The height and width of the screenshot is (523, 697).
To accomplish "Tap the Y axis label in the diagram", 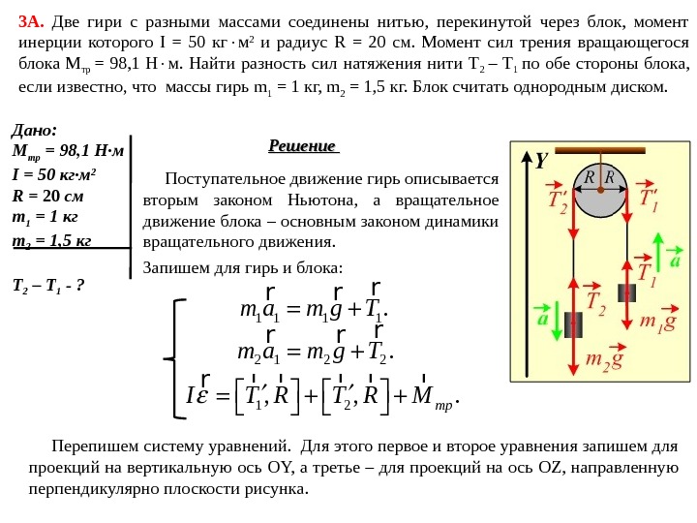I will point(541,161).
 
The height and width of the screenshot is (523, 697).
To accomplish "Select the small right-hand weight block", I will point(626,292).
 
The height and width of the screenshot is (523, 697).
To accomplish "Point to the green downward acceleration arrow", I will point(556,320).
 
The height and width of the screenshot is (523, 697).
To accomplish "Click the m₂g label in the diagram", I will point(604,359).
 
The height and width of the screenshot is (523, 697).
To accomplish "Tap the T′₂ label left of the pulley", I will point(557,202).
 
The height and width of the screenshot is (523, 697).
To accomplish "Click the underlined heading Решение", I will point(302,146).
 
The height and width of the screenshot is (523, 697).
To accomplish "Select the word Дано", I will point(34,131).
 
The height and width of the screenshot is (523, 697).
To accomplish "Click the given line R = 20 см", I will point(48,195).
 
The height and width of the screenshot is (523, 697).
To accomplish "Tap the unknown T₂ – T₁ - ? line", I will point(47,286).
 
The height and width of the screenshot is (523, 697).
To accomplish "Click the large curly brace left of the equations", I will point(177,358).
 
